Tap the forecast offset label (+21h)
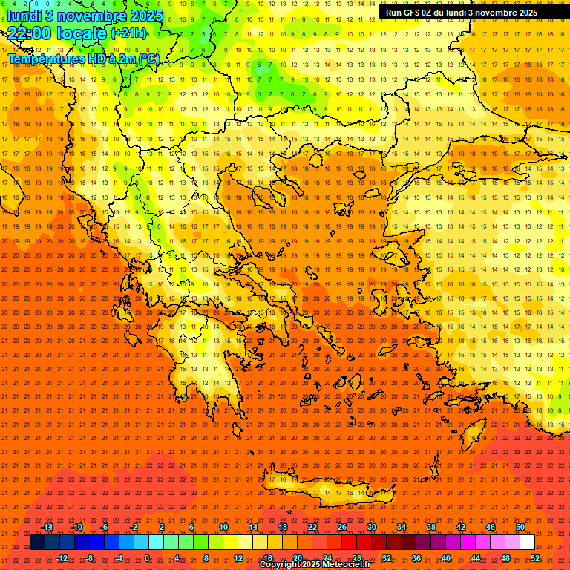coord(128,33)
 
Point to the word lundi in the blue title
coord(24,15)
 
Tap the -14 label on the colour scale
coord(47,526)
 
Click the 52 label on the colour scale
coord(535,557)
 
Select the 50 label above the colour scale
coord(520,526)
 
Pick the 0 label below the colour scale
coord(147,557)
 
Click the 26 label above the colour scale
coord(342,526)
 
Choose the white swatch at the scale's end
coord(527,542)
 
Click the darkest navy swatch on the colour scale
coord(37,542)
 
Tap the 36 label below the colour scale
coord(416,557)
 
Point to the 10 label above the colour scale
coord(223,526)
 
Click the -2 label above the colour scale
coord(134,526)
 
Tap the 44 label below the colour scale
coord(476,557)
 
